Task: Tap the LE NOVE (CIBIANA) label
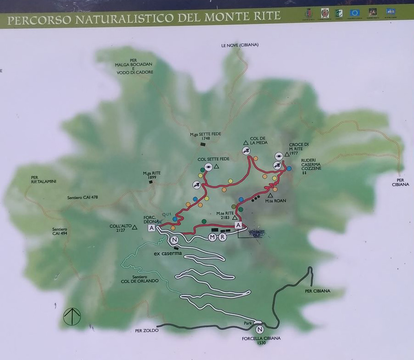coord(239,45)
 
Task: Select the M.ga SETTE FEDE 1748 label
coord(205,137)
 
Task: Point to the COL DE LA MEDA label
coord(258,140)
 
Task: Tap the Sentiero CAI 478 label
coord(82,198)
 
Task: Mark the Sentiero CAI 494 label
coord(60,231)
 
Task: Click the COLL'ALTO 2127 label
coord(120,228)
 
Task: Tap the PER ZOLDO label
coord(147,330)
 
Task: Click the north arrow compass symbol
coord(72,316)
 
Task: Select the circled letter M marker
coord(212,237)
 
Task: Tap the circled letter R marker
coord(222,237)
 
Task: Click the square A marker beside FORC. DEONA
coord(151,228)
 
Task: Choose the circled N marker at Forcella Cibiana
coord(260,329)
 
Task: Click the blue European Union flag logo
coord(354,12)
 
